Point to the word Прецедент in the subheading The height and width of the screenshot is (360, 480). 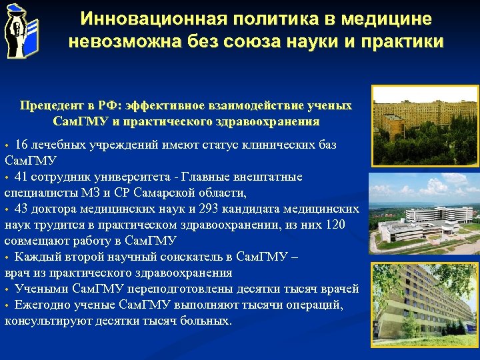pos(51,106)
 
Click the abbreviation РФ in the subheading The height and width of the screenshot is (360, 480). pos(107,106)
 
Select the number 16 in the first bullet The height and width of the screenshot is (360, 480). pos(21,145)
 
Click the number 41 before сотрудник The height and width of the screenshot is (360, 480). pos(21,177)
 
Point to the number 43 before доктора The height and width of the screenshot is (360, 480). pos(21,209)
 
